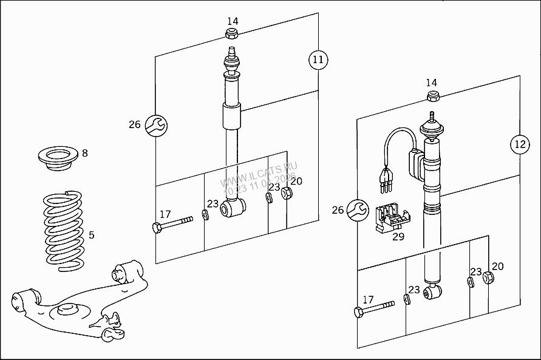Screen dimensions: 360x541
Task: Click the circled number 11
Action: (318, 59)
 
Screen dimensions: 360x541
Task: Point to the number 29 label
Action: (398, 237)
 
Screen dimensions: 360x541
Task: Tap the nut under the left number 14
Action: (231, 33)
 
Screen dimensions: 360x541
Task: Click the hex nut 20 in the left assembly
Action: (288, 194)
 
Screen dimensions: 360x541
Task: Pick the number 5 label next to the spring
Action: (92, 234)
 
